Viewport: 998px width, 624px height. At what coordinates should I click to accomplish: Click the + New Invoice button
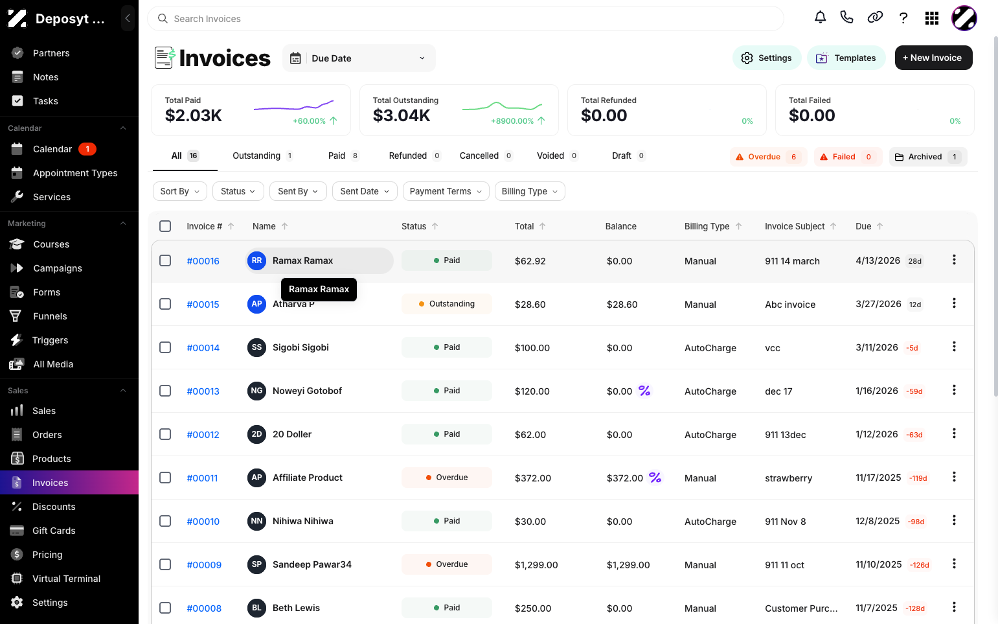pyautogui.click(x=933, y=58)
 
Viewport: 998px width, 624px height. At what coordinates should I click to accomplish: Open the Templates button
pyautogui.click(x=846, y=58)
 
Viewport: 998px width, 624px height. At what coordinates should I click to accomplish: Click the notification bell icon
pyautogui.click(x=821, y=18)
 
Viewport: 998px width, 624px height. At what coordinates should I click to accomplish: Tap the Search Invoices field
pyautogui.click(x=466, y=19)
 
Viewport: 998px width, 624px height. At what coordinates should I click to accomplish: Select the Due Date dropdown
pyautogui.click(x=359, y=58)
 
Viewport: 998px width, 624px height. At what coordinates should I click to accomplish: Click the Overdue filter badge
pyautogui.click(x=768, y=157)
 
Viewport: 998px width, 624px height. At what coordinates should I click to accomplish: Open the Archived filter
pyautogui.click(x=927, y=157)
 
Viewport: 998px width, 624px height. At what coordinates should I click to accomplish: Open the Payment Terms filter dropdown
pyautogui.click(x=446, y=191)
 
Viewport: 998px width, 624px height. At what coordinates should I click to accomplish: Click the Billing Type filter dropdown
pyautogui.click(x=530, y=191)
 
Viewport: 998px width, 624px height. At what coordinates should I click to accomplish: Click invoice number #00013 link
pyautogui.click(x=203, y=391)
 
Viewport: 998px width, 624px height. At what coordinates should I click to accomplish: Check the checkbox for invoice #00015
pyautogui.click(x=165, y=304)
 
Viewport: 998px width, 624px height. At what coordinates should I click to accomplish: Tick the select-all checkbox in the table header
pyautogui.click(x=165, y=226)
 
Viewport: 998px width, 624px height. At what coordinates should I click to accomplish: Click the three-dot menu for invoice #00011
pyautogui.click(x=954, y=477)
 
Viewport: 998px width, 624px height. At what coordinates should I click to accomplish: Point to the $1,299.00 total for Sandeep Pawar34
pyautogui.click(x=536, y=565)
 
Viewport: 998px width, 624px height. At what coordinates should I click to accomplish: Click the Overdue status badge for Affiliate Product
pyautogui.click(x=446, y=478)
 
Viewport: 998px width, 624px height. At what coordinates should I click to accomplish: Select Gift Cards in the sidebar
pyautogui.click(x=54, y=531)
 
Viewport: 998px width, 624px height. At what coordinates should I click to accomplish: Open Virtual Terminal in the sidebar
pyautogui.click(x=67, y=579)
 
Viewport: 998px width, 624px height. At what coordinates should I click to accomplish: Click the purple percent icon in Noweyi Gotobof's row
pyautogui.click(x=644, y=391)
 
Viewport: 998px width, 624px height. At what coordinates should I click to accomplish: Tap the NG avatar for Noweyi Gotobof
pyautogui.click(x=256, y=391)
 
